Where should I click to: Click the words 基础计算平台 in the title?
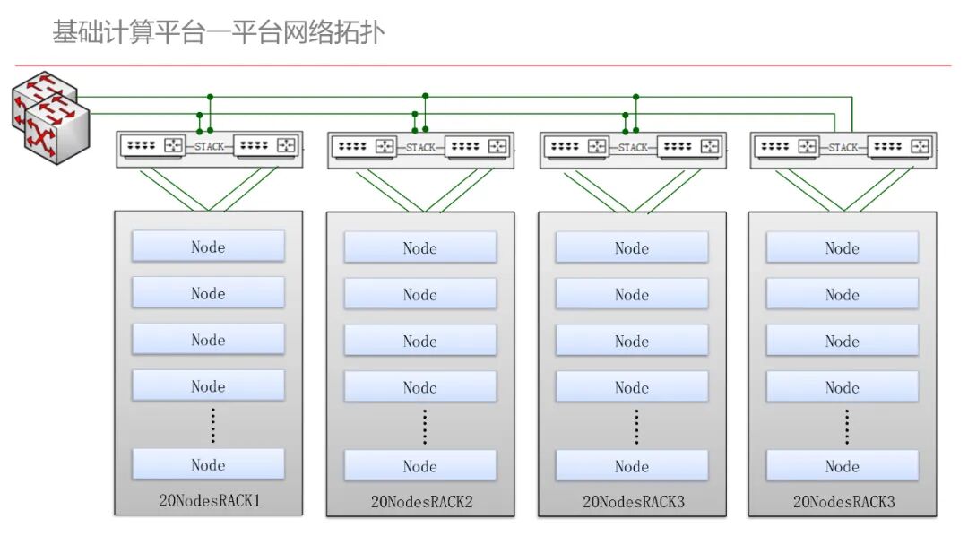tap(129, 32)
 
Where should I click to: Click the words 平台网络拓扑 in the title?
tap(308, 32)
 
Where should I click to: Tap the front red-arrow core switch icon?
tap(57, 130)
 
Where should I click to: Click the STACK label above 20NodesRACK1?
tap(209, 147)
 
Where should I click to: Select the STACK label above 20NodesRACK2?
tap(420, 148)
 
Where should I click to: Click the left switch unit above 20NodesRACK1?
tap(153, 146)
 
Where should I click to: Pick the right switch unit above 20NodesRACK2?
tap(478, 147)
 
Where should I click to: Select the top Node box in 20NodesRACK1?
tap(208, 247)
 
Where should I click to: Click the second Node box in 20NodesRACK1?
tap(208, 292)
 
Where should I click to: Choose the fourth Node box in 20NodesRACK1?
tap(208, 385)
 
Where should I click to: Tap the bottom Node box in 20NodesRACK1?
tap(208, 464)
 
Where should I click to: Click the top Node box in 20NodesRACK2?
tap(420, 247)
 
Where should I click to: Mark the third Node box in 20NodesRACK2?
tap(420, 341)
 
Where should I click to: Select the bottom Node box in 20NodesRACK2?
tap(420, 465)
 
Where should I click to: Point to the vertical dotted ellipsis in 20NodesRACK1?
tap(213, 425)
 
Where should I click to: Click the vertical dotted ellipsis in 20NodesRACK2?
tap(425, 427)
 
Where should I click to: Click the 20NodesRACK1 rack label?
tap(210, 500)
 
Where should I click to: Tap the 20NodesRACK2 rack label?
tap(421, 502)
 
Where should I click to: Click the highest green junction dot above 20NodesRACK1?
tap(210, 97)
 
